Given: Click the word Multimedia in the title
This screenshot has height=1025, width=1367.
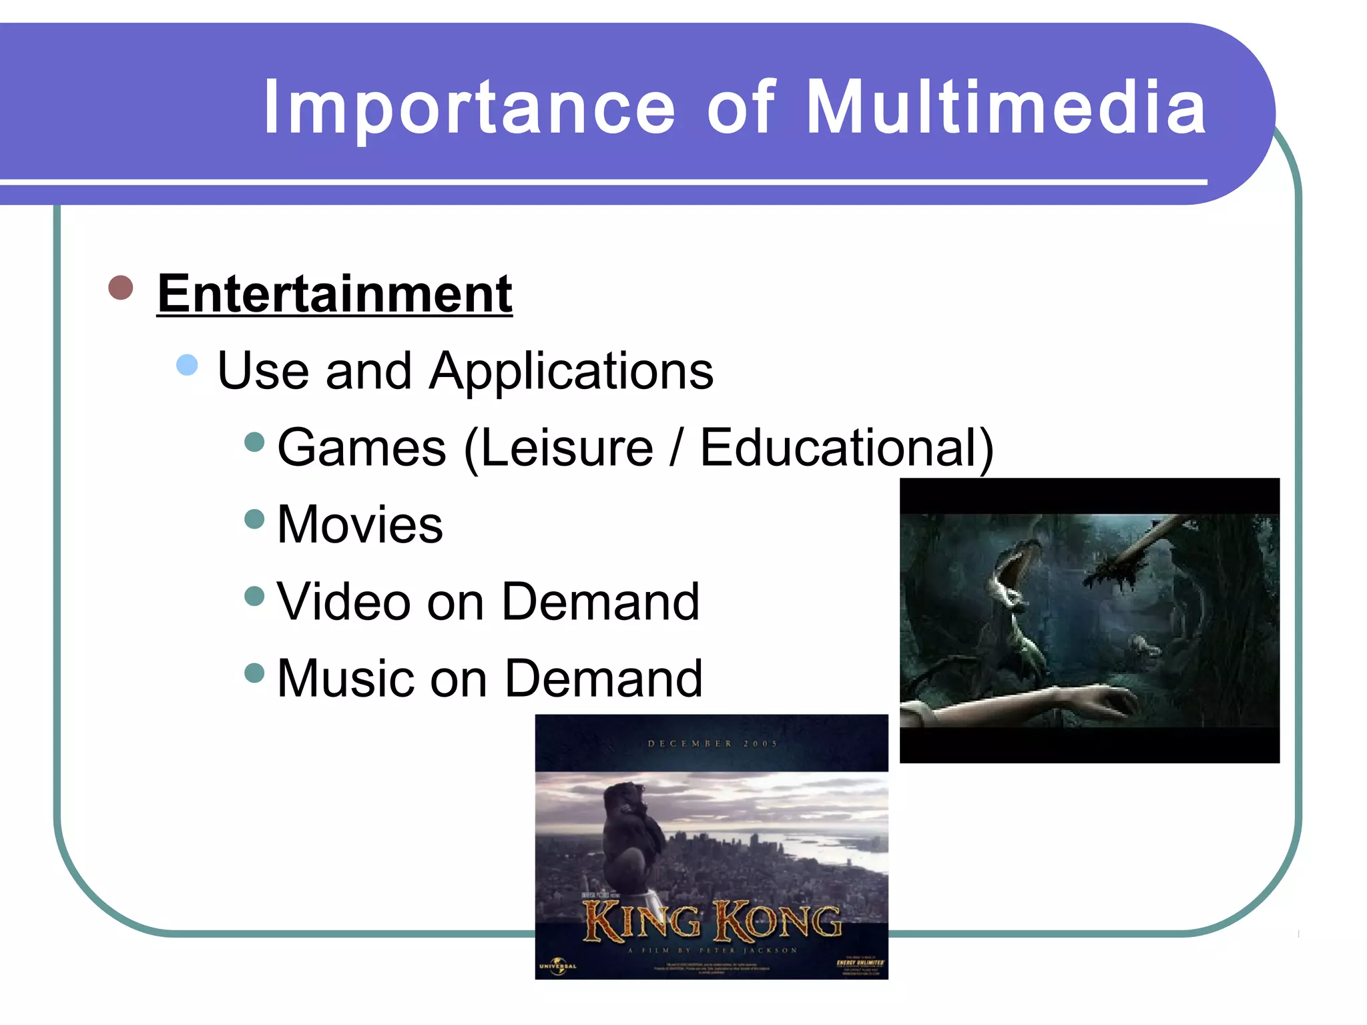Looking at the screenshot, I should tap(1006, 107).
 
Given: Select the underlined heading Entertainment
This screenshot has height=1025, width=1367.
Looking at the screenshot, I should tap(334, 294).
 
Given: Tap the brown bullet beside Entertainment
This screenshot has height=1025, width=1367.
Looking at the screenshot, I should tap(121, 288).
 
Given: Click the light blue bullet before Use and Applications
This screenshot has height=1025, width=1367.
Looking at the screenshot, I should tap(188, 365).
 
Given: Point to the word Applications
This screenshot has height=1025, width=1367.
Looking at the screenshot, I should tap(571, 371).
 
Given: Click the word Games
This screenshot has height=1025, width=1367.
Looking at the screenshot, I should tap(361, 448).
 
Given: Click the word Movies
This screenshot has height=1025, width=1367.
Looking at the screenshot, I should tap(360, 525).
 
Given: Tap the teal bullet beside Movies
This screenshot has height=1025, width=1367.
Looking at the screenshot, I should tap(254, 519).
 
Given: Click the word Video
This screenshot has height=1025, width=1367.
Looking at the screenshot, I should tap(342, 601).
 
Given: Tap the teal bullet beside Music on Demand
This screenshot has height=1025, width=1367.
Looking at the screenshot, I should tap(254, 672).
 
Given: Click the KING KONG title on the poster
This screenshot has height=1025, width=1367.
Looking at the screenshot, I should tap(712, 922).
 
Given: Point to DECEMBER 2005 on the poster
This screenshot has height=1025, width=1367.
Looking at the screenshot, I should tap(712, 743).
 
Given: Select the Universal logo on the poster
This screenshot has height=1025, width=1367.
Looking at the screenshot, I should tap(557, 966).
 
